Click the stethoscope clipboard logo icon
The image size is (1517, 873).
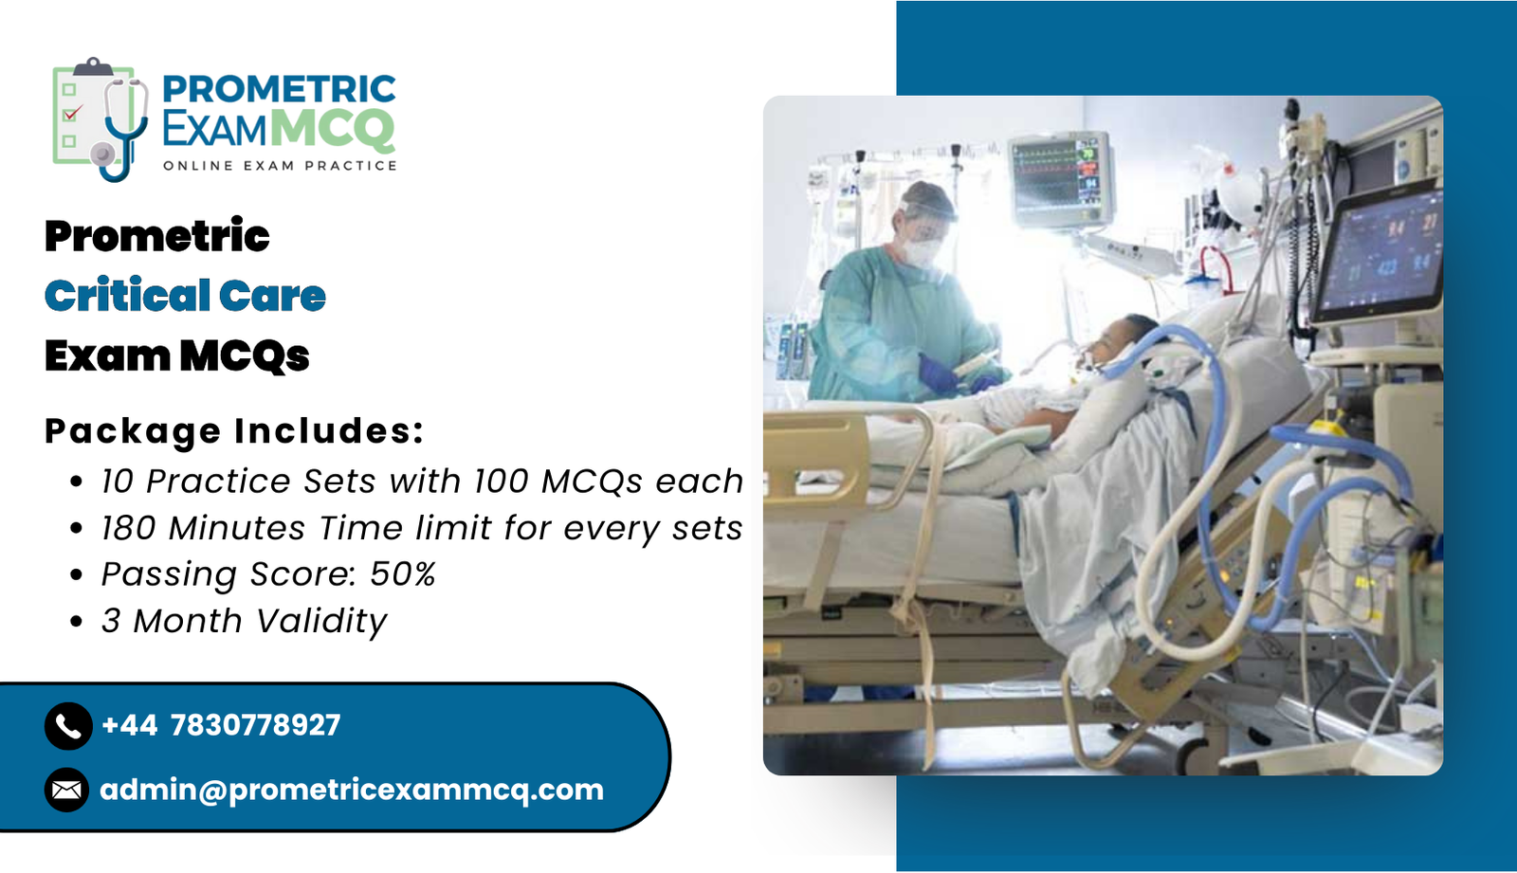pos(101,119)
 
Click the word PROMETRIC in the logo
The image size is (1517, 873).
pos(279,89)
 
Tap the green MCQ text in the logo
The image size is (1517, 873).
pos(336,129)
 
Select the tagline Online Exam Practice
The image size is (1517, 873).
pos(280,166)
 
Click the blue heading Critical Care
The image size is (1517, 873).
pos(185,296)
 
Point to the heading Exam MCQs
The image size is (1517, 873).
pos(176,355)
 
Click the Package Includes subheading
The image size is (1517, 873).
pos(234,430)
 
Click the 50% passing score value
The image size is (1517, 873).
pos(402,573)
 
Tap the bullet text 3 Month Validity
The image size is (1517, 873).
pos(244,620)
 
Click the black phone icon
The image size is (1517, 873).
pos(68,726)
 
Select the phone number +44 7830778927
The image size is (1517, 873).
pos(221,725)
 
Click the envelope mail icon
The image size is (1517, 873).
pos(67,790)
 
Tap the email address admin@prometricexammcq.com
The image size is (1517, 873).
pos(352,791)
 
